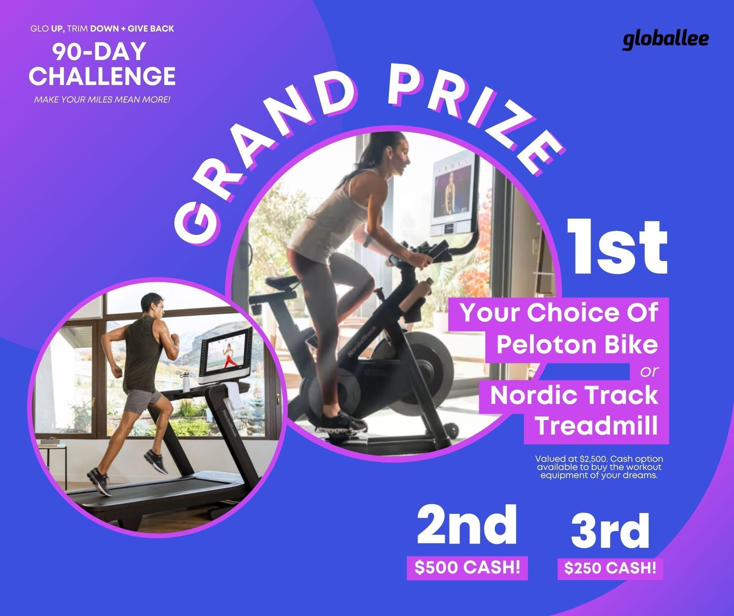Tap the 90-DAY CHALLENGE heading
pyautogui.click(x=102, y=64)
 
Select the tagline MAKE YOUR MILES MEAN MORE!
pyautogui.click(x=102, y=99)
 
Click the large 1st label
pyautogui.click(x=618, y=248)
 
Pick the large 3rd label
pyautogui.click(x=610, y=530)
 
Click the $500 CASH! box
pyautogui.click(x=467, y=567)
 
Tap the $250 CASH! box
pyautogui.click(x=610, y=568)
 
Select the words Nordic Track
pyautogui.click(x=574, y=395)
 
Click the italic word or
pyautogui.click(x=649, y=371)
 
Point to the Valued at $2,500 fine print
pyautogui.click(x=599, y=467)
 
